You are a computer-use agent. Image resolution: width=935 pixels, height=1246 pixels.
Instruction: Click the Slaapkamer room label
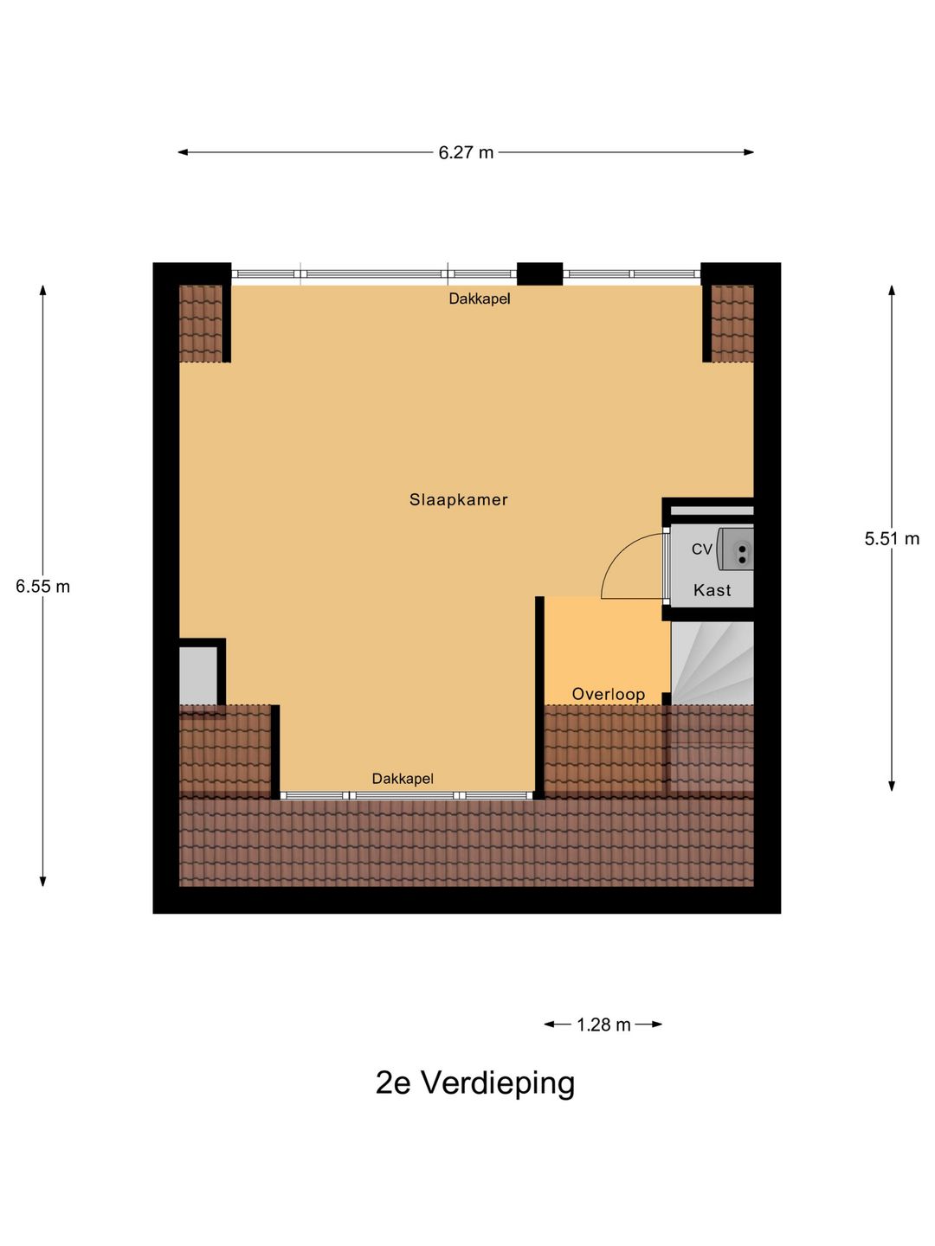(458, 499)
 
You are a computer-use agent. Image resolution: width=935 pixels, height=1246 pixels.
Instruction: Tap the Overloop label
(608, 694)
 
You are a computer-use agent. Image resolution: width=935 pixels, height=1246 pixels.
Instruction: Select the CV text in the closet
(701, 549)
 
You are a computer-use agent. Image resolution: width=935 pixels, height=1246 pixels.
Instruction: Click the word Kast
(712, 590)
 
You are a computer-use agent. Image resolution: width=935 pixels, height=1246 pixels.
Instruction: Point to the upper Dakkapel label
(479, 299)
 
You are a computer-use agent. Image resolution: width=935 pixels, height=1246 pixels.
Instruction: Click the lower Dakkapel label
(403, 779)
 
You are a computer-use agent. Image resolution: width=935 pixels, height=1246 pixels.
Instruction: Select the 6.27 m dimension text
(466, 152)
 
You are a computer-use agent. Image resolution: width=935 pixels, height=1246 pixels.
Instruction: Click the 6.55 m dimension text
(42, 586)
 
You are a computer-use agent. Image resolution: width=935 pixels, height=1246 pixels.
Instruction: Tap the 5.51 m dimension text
(891, 538)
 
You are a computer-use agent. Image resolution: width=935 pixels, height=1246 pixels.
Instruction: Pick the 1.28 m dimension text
(603, 1024)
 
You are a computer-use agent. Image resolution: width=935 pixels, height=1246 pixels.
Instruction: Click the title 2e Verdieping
(474, 1082)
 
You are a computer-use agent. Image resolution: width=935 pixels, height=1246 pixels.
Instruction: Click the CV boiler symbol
(737, 549)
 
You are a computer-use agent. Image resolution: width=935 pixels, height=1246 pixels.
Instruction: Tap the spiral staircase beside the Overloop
(712, 663)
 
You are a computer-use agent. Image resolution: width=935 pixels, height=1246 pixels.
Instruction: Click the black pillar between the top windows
(539, 273)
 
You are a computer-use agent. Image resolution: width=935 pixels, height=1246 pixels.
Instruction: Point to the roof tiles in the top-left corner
(201, 324)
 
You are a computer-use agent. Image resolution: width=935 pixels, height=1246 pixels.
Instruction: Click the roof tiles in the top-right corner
(732, 324)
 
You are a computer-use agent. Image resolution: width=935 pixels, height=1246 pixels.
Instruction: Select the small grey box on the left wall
(198, 675)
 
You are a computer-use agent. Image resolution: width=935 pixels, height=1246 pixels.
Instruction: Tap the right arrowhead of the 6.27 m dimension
(749, 152)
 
